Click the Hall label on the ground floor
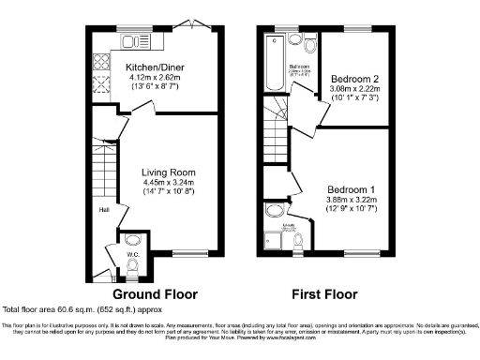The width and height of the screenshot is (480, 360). click(105, 209)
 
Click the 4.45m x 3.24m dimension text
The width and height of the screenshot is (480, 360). click(166, 183)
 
